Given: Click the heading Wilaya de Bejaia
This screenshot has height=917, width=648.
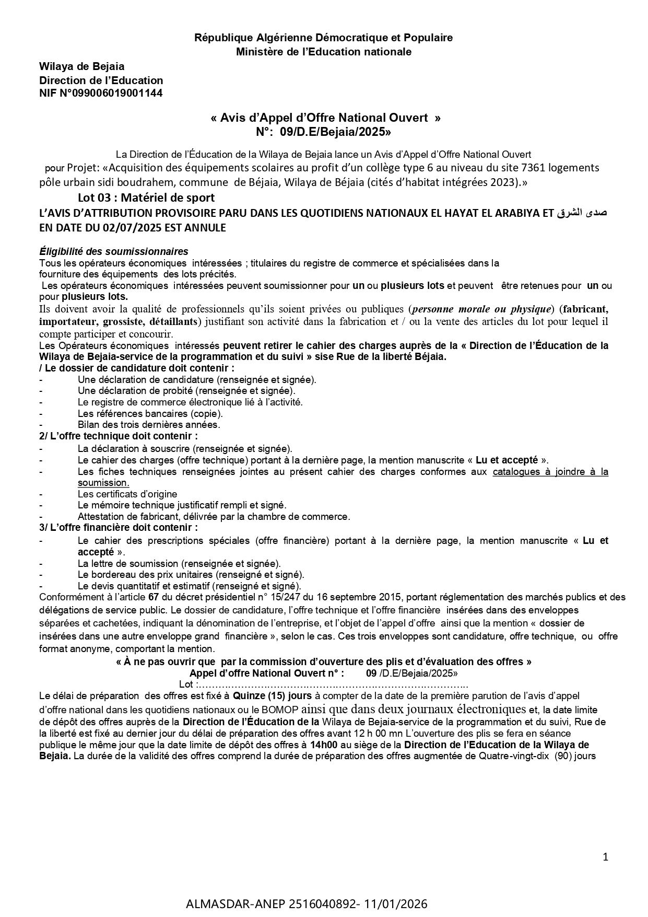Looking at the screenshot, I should tap(82, 66).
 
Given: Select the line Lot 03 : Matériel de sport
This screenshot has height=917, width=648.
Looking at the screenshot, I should tap(146, 198).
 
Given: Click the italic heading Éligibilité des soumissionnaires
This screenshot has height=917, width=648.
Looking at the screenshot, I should tap(114, 252).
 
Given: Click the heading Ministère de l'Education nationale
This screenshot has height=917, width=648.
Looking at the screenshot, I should tap(323, 52).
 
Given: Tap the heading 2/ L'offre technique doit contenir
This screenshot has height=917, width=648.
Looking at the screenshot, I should tap(119, 436).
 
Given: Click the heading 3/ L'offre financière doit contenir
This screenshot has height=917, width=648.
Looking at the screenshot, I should tap(119, 528).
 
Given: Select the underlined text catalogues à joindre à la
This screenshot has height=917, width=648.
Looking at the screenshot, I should tap(550, 472).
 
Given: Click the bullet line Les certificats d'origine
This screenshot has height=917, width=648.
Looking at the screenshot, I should tap(127, 494).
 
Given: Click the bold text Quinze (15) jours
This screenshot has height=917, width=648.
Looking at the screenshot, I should tap(272, 696).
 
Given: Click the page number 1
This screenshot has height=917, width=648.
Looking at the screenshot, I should tap(605, 856).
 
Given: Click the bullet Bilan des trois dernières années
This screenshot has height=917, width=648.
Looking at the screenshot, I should tap(149, 425).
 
